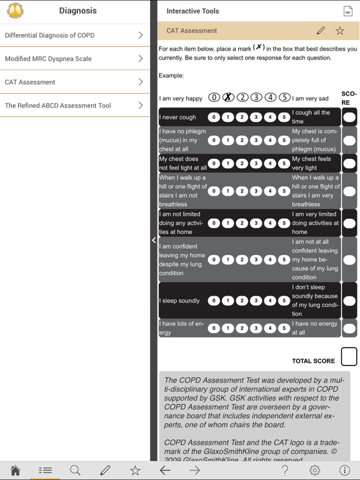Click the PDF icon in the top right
347,11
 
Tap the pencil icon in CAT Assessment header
321,31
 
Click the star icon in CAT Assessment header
339,31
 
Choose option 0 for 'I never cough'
214,117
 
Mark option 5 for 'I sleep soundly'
284,301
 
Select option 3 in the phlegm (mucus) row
256,141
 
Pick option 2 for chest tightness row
242,164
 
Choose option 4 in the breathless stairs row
270,191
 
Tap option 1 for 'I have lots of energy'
227,328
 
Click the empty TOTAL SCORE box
349,357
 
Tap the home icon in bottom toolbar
15,471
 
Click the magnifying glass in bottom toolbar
75,471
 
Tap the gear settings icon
314,471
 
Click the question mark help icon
284,471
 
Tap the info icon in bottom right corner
344,471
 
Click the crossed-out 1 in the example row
228,97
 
